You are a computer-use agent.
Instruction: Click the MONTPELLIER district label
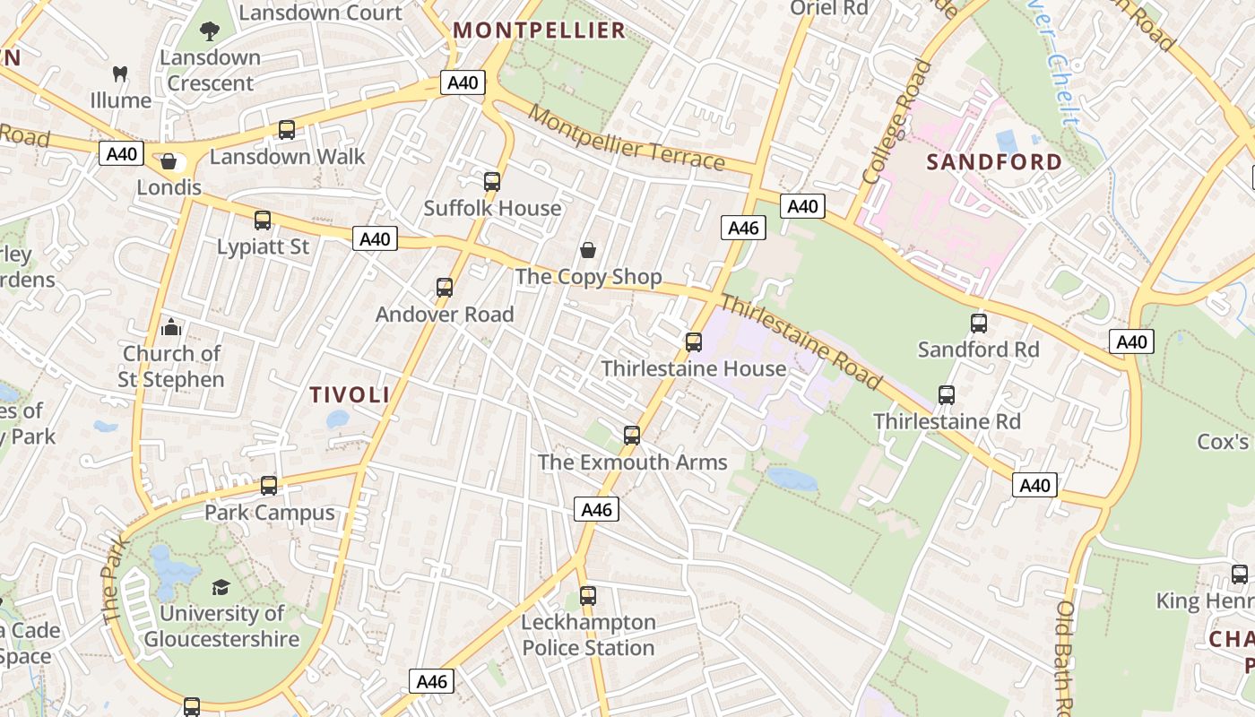539,30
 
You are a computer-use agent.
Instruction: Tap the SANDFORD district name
994,162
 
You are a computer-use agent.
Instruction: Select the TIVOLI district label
350,394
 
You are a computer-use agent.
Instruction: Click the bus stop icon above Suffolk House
491,182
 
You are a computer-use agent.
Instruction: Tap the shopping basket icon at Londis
168,162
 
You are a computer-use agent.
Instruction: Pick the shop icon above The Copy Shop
588,250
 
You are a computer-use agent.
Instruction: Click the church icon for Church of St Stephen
170,327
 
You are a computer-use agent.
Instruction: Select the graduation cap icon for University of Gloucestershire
221,587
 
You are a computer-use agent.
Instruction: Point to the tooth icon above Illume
120,74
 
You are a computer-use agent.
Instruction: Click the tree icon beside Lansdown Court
210,32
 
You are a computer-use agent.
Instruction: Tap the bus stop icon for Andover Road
444,288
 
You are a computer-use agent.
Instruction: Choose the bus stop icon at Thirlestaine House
693,342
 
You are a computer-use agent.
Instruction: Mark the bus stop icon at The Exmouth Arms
632,436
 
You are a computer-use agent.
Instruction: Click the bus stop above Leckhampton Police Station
587,595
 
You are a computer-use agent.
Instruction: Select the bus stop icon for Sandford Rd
978,324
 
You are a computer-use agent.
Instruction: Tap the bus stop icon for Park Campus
269,486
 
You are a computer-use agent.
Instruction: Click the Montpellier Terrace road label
626,138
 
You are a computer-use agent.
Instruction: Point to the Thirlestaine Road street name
801,342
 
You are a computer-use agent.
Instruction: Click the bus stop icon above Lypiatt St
263,220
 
